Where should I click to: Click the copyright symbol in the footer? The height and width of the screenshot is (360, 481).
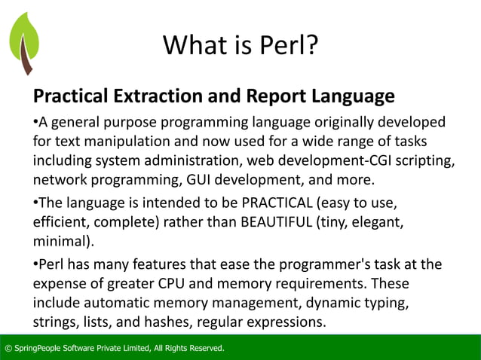point(8,348)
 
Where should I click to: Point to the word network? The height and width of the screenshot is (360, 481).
point(60,180)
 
